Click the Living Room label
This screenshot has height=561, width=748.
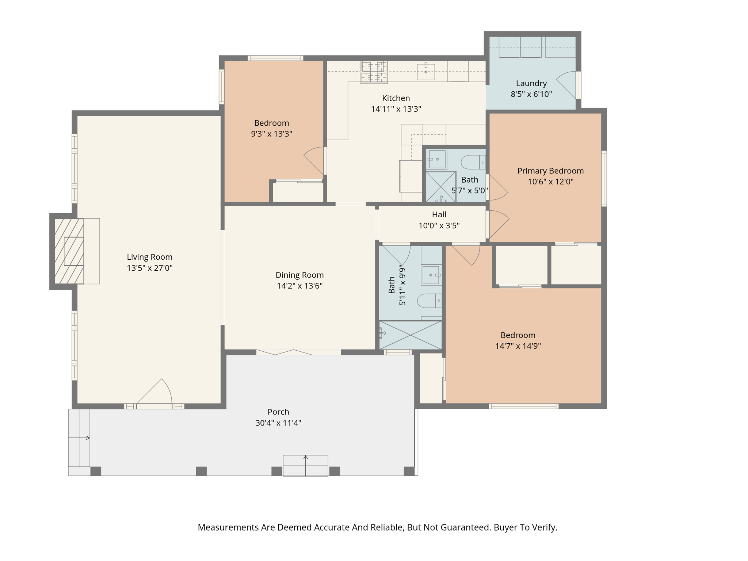[149, 257]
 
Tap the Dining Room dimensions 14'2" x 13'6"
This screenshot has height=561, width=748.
[299, 286]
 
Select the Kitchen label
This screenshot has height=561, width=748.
[396, 98]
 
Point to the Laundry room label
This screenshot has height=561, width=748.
[531, 84]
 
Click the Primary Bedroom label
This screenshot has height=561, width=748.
[550, 171]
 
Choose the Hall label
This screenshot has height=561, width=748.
[439, 215]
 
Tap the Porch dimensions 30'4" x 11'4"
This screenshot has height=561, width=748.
[278, 423]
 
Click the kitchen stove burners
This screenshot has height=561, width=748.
[374, 72]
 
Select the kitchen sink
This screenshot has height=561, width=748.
[426, 72]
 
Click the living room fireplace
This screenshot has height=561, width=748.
[69, 251]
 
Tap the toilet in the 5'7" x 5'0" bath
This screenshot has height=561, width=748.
[473, 162]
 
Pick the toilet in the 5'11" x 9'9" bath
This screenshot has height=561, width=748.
[430, 301]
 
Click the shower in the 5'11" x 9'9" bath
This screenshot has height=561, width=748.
[411, 335]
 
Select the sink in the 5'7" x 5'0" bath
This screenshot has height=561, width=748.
[437, 159]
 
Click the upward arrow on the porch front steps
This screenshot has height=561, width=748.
[306, 466]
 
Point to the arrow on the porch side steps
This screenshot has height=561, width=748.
[79, 438]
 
